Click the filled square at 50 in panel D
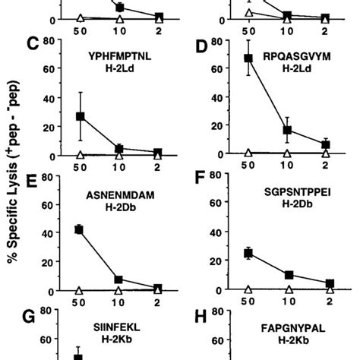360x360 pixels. coord(248,58)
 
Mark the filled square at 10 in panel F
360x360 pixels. coord(288,275)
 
